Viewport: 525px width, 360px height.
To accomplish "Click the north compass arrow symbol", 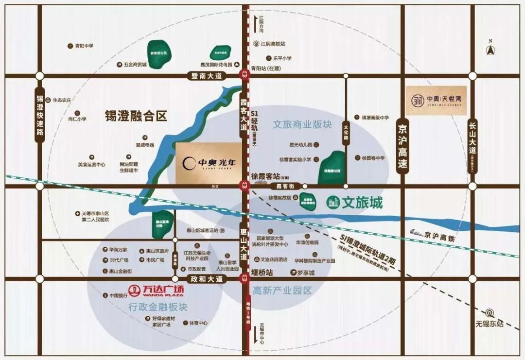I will pyautogui.click(x=490, y=49).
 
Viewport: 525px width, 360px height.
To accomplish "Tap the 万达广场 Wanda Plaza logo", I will pyautogui.click(x=156, y=290).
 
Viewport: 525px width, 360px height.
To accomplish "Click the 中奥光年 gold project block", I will pyautogui.click(x=209, y=163).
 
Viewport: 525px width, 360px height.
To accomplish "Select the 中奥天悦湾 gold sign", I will pyautogui.click(x=436, y=101).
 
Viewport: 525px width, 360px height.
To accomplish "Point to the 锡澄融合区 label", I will pyautogui.click(x=136, y=116).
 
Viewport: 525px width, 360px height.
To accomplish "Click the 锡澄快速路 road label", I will pyautogui.click(x=40, y=115).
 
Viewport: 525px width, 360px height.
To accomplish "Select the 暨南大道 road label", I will pyautogui.click(x=207, y=76).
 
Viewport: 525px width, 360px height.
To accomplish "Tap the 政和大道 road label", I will pyautogui.click(x=207, y=279).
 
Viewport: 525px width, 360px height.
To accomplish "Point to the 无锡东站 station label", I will pyautogui.click(x=490, y=324).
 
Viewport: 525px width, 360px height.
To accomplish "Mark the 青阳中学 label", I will pyautogui.click(x=84, y=46).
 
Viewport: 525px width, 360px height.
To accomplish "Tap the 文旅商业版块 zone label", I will pyautogui.click(x=302, y=124).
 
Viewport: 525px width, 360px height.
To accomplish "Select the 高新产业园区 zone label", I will pyautogui.click(x=281, y=291).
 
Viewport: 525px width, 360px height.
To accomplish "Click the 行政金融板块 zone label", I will pyautogui.click(x=158, y=307).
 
